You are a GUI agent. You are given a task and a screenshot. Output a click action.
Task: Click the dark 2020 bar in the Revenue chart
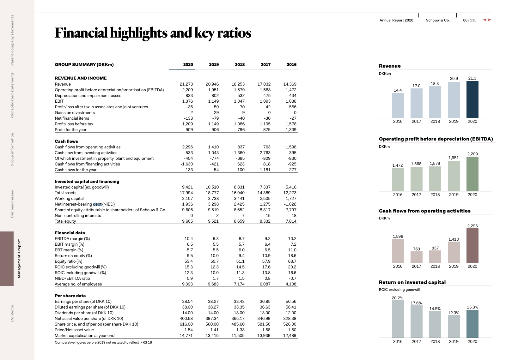tap(472, 99)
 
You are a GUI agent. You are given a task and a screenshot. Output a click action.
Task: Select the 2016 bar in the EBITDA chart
tap(398, 180)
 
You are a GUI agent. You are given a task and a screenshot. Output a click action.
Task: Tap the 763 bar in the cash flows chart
tap(417, 257)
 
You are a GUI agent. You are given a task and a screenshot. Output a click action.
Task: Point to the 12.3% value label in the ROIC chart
tap(454, 313)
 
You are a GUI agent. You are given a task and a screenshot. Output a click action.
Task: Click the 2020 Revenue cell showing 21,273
tap(186, 84)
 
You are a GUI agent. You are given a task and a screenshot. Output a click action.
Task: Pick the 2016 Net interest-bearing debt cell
tap(290, 204)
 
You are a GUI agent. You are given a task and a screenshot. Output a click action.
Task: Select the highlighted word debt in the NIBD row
tap(97, 204)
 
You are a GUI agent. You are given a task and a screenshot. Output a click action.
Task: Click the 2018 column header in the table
tap(240, 64)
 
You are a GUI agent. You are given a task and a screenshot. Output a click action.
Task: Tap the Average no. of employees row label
tap(78, 284)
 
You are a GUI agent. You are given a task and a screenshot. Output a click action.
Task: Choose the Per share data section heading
tap(70, 296)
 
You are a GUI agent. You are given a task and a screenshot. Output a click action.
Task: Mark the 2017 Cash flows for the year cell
tap(264, 170)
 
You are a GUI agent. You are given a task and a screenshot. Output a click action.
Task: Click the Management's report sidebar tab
tap(19, 259)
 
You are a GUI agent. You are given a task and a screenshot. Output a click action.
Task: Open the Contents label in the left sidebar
tap(12, 313)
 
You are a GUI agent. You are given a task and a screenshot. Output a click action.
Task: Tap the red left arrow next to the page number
tap(484, 20)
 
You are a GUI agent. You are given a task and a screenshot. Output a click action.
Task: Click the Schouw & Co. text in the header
tap(438, 20)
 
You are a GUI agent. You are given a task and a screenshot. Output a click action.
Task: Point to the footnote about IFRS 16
tap(103, 342)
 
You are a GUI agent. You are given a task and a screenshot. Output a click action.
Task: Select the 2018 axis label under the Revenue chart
tap(435, 121)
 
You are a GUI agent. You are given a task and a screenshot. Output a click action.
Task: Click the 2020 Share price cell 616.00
tap(186, 324)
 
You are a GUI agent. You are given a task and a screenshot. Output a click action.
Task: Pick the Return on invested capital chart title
tap(412, 282)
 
